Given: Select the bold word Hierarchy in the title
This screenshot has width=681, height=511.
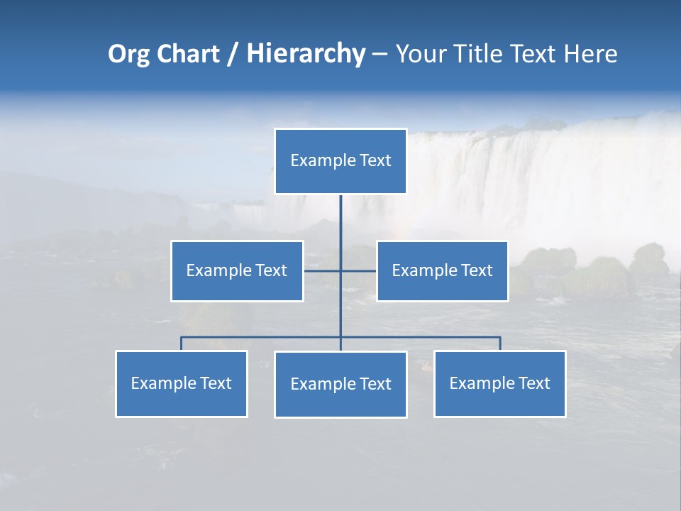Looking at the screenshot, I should [306, 54].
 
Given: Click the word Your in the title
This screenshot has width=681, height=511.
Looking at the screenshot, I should [420, 54].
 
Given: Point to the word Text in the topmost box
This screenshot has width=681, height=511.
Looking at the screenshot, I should [375, 160].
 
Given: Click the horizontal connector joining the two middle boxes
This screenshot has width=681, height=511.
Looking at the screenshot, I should [323, 270].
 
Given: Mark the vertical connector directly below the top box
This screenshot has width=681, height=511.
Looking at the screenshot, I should [340, 220].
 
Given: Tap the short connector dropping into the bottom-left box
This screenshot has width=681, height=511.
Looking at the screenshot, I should [181, 344].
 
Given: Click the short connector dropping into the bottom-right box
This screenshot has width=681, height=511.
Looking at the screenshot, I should [500, 344].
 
